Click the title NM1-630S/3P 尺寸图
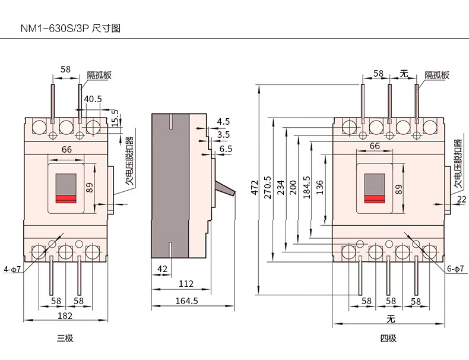[x=71, y=28]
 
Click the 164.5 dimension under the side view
[x=186, y=301]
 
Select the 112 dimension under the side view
[x=186, y=285]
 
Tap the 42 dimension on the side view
[x=161, y=269]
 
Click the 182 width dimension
[x=65, y=316]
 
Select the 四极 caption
[x=388, y=339]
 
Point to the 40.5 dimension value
[x=93, y=99]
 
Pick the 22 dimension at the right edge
[x=462, y=200]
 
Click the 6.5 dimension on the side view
[x=226, y=149]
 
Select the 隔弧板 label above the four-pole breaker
[x=436, y=75]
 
